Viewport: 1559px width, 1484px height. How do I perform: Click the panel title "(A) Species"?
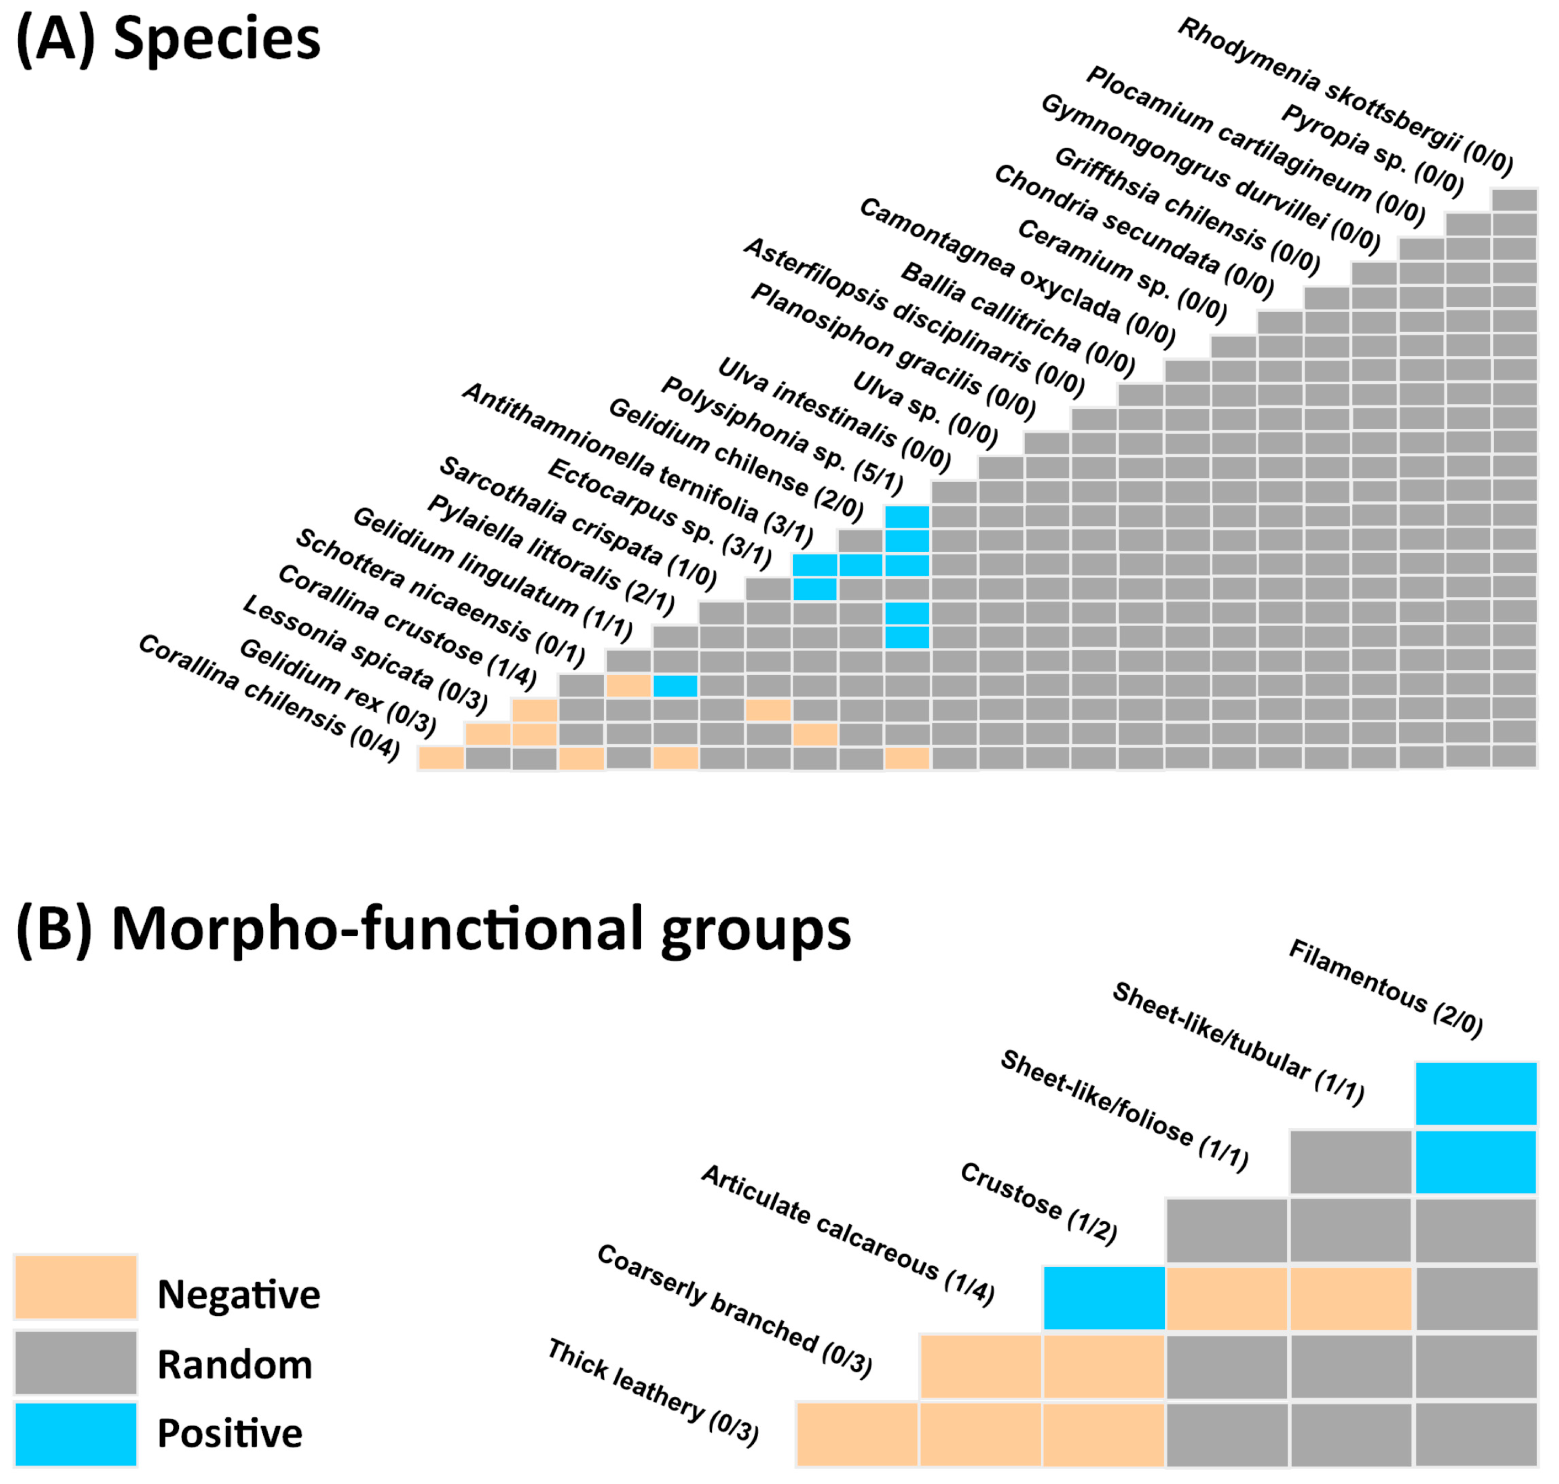(x=168, y=40)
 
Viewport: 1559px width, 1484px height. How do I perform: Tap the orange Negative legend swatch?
(x=76, y=1288)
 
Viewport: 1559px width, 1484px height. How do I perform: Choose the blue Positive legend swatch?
(x=76, y=1434)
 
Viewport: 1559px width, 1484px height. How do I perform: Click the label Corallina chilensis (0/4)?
(x=269, y=698)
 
